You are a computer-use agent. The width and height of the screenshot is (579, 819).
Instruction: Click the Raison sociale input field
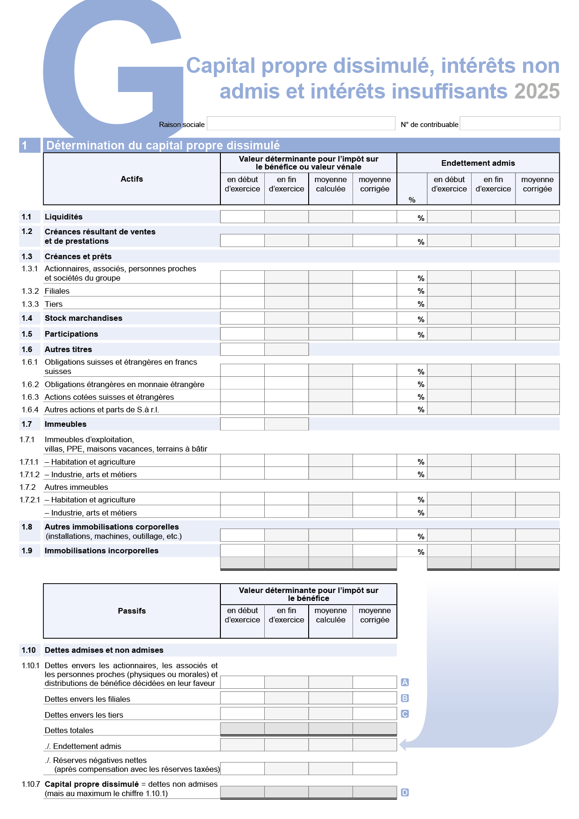click(301, 123)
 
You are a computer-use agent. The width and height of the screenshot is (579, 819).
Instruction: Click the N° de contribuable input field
click(509, 123)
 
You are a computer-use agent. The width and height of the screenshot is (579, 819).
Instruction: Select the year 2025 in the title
click(537, 92)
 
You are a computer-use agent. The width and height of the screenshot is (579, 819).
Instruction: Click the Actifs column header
click(132, 179)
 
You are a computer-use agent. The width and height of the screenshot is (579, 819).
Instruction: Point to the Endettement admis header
click(478, 163)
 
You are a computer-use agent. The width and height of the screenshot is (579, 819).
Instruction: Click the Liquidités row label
click(64, 217)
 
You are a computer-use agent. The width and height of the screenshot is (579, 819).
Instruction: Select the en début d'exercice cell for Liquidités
click(242, 217)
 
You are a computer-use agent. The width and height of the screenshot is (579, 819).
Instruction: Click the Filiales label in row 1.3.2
click(57, 291)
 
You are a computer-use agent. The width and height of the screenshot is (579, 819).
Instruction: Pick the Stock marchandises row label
click(83, 318)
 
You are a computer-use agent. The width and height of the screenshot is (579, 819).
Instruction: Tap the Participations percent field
click(411, 334)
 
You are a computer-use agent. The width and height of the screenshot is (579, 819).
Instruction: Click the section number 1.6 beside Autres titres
click(27, 349)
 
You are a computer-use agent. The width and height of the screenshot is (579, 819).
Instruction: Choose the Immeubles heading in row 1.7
click(65, 424)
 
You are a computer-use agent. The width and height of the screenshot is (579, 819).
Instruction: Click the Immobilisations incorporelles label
click(101, 551)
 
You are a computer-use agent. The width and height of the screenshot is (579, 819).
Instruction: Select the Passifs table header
click(132, 611)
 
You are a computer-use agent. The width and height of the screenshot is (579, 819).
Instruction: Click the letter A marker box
click(405, 682)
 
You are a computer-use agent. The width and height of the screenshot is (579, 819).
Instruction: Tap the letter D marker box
click(405, 792)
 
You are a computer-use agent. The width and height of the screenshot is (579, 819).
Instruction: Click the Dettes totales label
click(69, 730)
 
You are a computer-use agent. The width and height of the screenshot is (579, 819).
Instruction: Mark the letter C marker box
click(405, 714)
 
